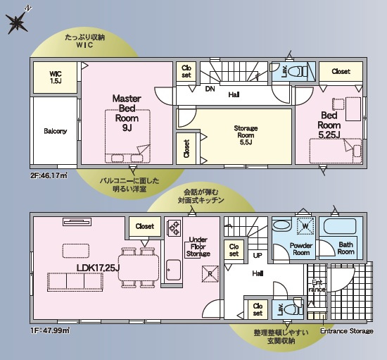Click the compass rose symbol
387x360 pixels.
click(x=17, y=23)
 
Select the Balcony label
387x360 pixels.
click(x=55, y=131)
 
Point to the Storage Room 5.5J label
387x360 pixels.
click(x=246, y=133)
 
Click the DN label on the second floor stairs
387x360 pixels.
click(x=210, y=89)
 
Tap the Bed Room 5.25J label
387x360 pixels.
click(x=330, y=125)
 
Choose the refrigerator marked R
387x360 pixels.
click(x=208, y=273)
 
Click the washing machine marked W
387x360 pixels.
click(x=305, y=226)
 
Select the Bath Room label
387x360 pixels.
click(x=346, y=248)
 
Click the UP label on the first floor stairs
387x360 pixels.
click(x=258, y=254)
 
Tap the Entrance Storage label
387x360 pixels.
click(x=346, y=330)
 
